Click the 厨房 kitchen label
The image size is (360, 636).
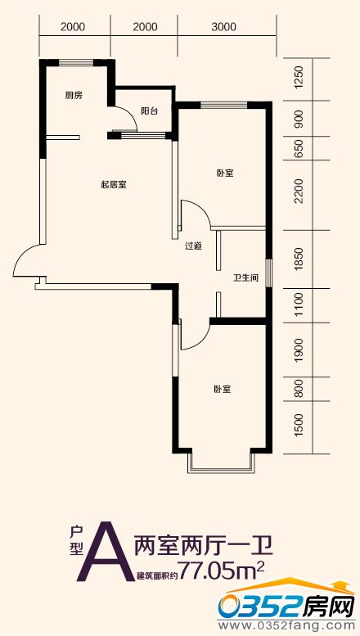coord(74,96)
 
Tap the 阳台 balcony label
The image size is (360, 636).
coord(149,111)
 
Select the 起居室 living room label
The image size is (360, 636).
coord(114,185)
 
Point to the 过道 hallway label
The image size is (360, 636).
coord(193,246)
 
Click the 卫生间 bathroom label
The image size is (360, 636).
coord(245,278)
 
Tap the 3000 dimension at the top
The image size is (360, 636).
coord(223,27)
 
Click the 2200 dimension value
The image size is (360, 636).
coord(299,191)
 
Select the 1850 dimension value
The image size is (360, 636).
coord(299,259)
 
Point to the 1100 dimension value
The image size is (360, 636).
coord(299,305)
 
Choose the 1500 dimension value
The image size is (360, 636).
coord(299,425)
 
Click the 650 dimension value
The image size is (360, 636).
coord(299,148)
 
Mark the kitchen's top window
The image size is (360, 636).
coord(77,62)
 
